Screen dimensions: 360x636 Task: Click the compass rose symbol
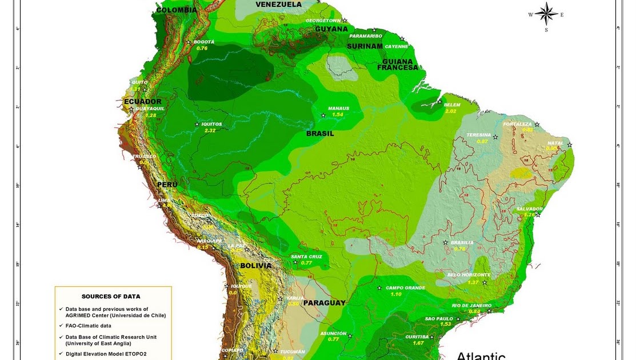(546, 14)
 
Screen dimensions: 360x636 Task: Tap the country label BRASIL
(320, 134)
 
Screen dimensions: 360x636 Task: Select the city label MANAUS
(338, 108)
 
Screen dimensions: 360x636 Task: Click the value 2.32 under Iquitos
(210, 130)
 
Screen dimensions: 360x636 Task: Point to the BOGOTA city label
(204, 42)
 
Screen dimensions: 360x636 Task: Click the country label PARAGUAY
(324, 303)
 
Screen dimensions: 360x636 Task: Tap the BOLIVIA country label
(255, 266)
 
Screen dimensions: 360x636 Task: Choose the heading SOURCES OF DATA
(111, 297)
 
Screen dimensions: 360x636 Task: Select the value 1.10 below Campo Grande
(396, 294)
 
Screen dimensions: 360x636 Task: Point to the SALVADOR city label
(529, 209)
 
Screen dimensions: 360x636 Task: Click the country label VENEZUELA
(278, 5)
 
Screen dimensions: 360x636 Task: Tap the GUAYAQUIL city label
(150, 109)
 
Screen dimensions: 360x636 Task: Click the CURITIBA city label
(417, 337)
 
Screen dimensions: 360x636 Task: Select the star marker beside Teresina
(495, 137)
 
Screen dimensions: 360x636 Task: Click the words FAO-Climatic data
(88, 326)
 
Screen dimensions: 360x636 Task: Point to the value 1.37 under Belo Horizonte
(473, 282)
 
